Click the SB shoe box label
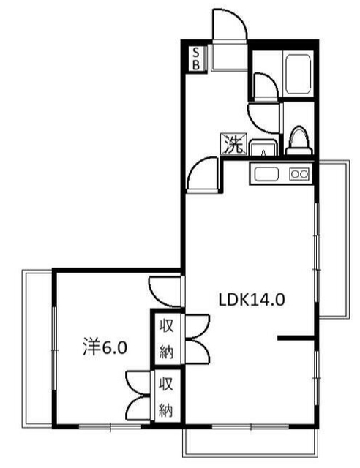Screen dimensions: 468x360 tap(197, 58)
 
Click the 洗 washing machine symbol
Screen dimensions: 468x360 tap(233, 144)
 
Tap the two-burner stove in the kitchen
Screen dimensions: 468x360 tap(299, 174)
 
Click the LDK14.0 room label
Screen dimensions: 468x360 tap(251, 299)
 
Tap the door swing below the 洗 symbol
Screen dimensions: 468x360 tap(204, 176)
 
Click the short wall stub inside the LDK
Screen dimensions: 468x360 tap(296, 339)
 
